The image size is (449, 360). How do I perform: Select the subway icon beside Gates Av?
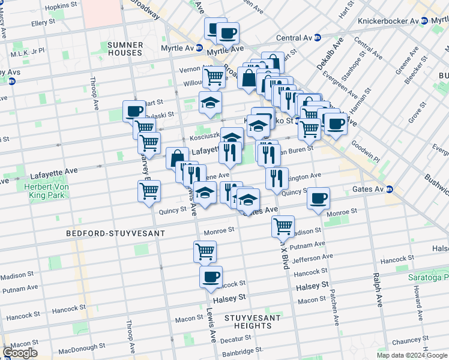tap(390, 189)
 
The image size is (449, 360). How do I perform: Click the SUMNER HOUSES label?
tap(125, 49)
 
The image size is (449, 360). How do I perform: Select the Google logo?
tap(20, 353)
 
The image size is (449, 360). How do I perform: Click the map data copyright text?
tap(412, 355)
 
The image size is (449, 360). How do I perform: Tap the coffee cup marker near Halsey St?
tap(211, 277)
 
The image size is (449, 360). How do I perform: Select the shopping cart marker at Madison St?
tap(283, 226)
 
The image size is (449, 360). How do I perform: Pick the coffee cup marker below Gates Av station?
tap(318, 198)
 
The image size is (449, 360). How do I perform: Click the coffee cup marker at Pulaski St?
tap(134, 111)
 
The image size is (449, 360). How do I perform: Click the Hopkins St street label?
tap(60, 6)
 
